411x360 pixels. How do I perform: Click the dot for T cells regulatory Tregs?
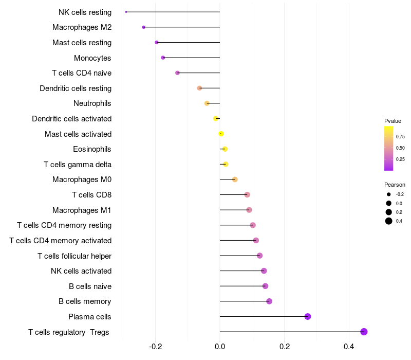coord(364,332)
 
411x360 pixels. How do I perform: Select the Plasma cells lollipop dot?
coord(308,316)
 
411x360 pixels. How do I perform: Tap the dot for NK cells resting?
coord(126,12)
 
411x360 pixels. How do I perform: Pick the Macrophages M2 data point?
coord(144,27)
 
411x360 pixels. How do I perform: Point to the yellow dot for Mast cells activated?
coord(221,134)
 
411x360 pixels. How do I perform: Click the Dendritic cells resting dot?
coord(199,88)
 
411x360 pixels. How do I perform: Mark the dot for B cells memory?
coord(269,301)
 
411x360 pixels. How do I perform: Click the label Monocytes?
coord(92,58)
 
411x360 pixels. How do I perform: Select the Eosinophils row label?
coord(92,149)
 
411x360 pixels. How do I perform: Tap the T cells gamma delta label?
coord(78,165)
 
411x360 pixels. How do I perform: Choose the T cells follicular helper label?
coord(74,256)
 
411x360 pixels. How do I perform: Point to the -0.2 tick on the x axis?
coord(155,347)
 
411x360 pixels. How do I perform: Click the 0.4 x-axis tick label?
coord(349,347)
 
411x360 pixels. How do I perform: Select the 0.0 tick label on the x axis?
coord(220,347)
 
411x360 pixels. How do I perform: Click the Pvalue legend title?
coord(393,121)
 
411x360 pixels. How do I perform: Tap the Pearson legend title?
coord(395,185)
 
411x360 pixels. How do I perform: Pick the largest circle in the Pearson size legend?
coord(389,221)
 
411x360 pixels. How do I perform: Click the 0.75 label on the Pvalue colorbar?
coord(400,136)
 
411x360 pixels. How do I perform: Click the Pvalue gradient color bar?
coord(389,148)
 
